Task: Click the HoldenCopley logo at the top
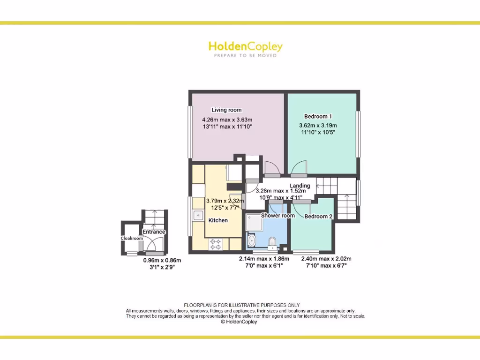(245, 46)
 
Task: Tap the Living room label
(226, 110)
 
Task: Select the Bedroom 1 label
(318, 116)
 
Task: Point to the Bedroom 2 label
(319, 217)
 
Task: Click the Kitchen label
(218, 220)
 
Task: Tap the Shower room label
(278, 216)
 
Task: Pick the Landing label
(300, 186)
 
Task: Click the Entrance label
(154, 232)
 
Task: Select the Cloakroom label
(132, 239)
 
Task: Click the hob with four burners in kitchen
(217, 244)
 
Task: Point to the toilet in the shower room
(272, 242)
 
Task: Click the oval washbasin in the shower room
(252, 241)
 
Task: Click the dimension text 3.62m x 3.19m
(318, 126)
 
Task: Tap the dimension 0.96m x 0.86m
(162, 261)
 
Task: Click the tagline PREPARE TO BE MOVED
(245, 56)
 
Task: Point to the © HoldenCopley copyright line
(239, 322)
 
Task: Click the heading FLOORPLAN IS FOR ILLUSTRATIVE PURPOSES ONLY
(241, 305)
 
